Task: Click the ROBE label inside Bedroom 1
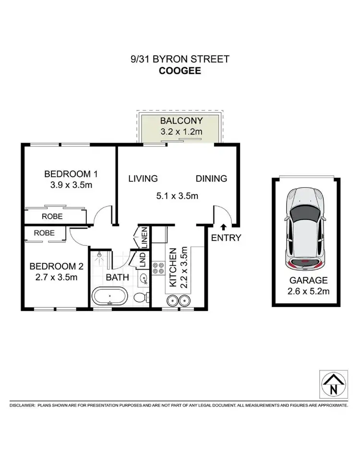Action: coord(52,216)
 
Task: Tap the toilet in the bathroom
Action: coord(139,298)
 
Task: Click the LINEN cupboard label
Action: coord(144,235)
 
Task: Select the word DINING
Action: coord(211,179)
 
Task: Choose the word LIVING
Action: coord(143,179)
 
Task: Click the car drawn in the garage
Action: coord(305,228)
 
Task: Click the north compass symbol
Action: coord(332,384)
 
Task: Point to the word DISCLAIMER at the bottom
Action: coord(22,406)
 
